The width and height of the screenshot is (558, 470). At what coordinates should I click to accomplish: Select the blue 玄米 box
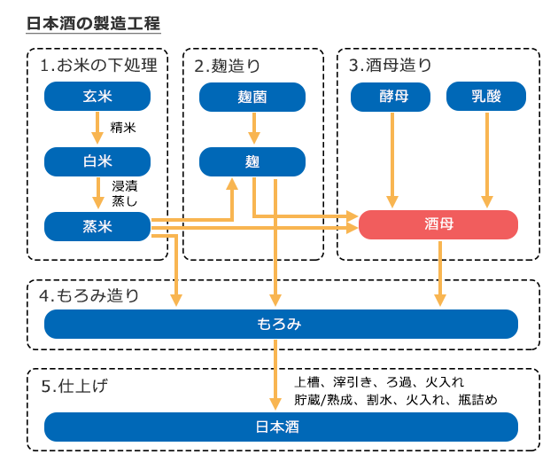97,96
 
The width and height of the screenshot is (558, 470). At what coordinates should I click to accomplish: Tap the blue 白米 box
97,161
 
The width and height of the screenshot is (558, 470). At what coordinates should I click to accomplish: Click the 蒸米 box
97,226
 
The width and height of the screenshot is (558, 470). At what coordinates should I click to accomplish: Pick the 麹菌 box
252,97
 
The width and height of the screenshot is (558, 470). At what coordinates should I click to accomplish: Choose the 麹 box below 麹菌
252,161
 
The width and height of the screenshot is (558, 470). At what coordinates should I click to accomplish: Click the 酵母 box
391,97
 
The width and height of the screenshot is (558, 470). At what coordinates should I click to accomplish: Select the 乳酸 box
486,97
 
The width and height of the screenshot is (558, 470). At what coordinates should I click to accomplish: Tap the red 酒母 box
438,225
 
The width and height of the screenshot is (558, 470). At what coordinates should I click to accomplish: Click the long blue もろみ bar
281,324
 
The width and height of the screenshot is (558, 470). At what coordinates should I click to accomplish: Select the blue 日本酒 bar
281,427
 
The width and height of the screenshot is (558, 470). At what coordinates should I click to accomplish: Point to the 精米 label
123,128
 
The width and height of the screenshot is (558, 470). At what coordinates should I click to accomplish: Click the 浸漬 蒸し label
125,193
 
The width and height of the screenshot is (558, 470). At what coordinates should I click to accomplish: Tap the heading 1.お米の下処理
98,65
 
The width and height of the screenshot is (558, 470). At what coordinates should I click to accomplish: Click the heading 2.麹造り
228,65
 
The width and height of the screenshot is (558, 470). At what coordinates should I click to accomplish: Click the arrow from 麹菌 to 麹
253,129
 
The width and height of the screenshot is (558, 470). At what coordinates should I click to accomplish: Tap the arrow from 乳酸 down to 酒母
486,160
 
